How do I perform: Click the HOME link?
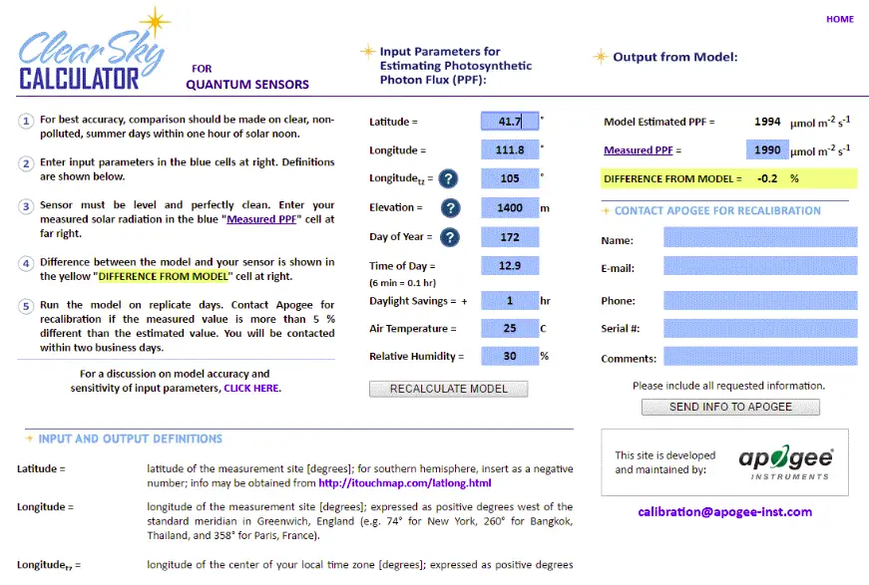pyautogui.click(x=839, y=19)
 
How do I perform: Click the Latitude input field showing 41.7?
pyautogui.click(x=510, y=122)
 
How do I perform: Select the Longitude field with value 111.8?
pyautogui.click(x=510, y=150)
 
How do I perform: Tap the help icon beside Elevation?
pyautogui.click(x=450, y=208)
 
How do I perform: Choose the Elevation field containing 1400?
pyautogui.click(x=510, y=208)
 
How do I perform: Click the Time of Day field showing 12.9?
pyautogui.click(x=510, y=266)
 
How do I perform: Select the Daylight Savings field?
pyautogui.click(x=510, y=301)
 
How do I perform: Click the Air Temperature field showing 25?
pyautogui.click(x=510, y=328)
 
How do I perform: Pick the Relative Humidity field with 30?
pyautogui.click(x=510, y=356)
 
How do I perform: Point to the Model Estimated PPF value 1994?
pyautogui.click(x=767, y=122)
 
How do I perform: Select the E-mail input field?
pyautogui.click(x=759, y=266)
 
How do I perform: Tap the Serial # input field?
pyautogui.click(x=759, y=328)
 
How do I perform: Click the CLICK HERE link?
pyautogui.click(x=251, y=388)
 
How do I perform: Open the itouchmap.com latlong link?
pyautogui.click(x=405, y=483)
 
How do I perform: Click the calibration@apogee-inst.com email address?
pyautogui.click(x=725, y=512)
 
